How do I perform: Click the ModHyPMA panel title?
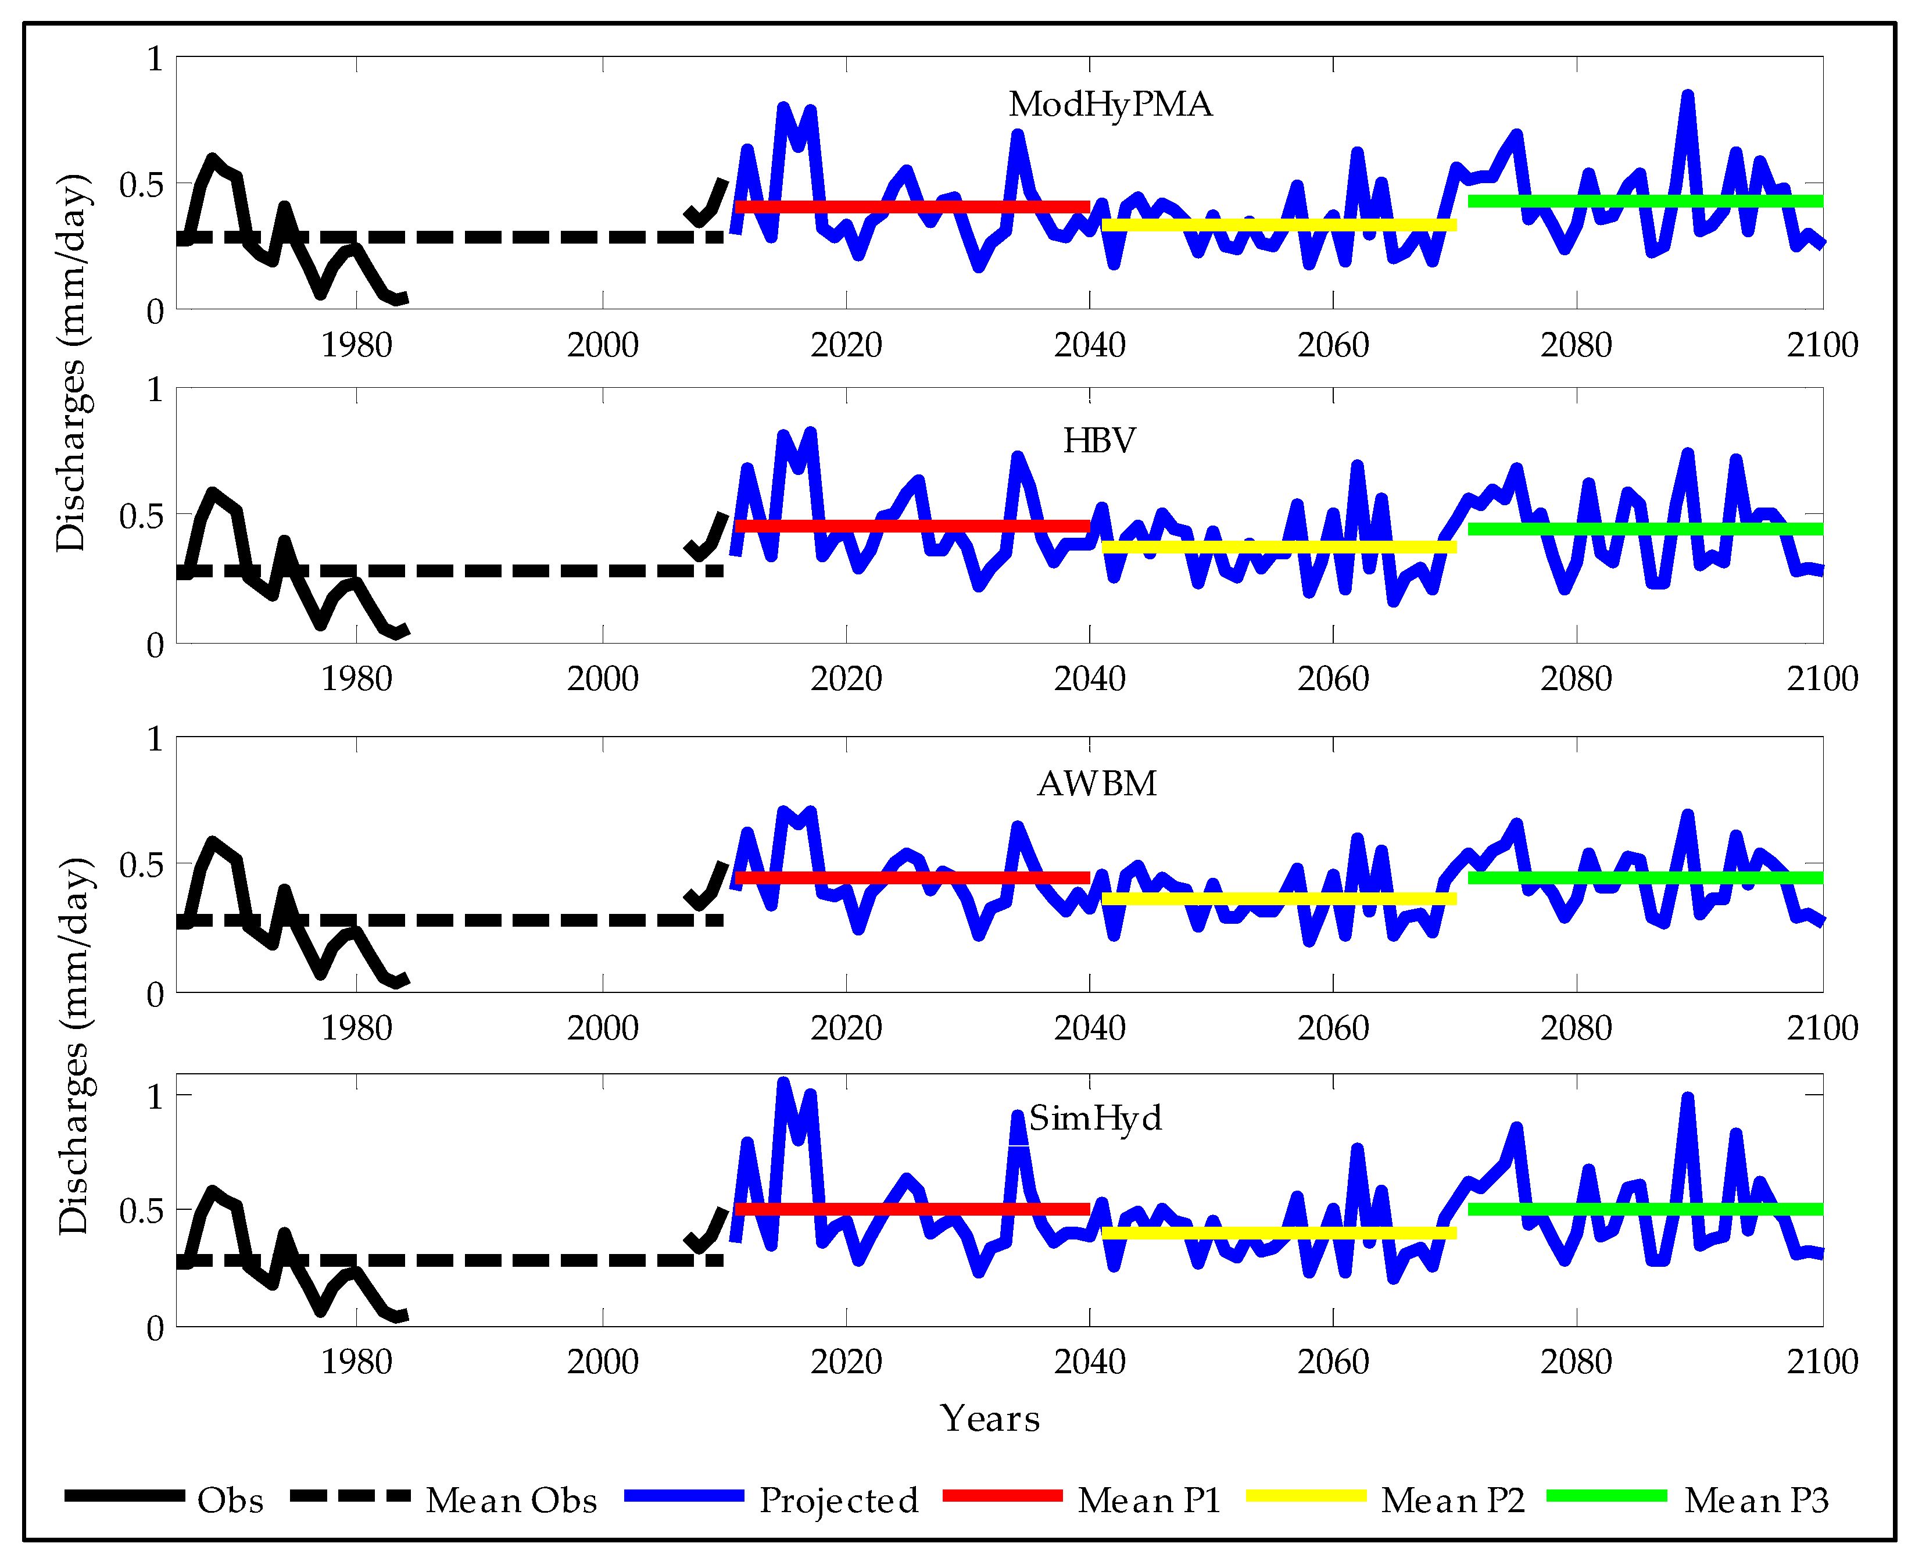(1109, 105)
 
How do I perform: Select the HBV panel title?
(1099, 441)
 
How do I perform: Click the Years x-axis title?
(990, 1418)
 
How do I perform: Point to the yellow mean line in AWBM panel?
(1280, 899)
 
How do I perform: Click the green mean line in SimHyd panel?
(1646, 1209)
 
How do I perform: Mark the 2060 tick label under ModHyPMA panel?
(1333, 345)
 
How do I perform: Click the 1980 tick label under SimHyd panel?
(356, 1362)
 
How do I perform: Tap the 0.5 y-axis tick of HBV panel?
(141, 516)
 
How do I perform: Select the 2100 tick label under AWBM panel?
(1822, 1028)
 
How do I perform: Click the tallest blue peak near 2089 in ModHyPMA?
(1687, 96)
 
